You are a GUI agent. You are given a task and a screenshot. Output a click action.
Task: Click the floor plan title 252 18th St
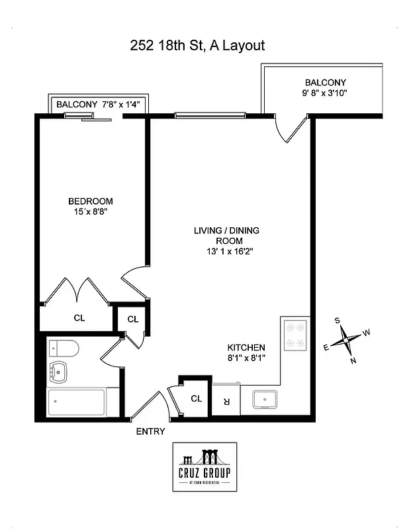197,46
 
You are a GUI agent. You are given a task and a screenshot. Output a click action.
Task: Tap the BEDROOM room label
91,201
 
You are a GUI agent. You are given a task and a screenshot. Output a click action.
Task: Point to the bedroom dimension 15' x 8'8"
91,213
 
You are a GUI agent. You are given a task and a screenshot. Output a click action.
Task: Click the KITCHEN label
246,347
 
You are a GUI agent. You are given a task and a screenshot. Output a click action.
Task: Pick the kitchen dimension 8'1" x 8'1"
246,358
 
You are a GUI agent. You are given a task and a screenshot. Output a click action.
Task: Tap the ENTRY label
150,431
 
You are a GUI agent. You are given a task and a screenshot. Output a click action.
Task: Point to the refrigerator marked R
226,400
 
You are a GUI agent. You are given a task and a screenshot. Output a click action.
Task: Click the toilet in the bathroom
64,349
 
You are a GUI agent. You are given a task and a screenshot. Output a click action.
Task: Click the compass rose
347,341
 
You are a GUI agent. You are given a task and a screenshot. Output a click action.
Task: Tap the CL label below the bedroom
79,318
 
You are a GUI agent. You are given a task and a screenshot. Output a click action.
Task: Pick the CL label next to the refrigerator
196,399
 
